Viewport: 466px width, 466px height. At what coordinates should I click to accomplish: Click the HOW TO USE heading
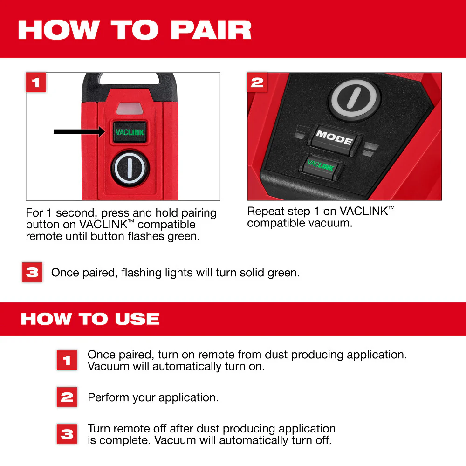90,319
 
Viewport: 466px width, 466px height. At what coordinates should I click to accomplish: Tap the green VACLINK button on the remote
130,132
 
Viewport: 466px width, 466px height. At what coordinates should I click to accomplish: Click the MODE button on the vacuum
334,137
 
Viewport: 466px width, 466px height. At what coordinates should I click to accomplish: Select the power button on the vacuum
355,99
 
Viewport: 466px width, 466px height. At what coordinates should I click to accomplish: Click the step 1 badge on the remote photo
36,83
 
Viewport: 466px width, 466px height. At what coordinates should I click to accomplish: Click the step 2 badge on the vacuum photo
257,83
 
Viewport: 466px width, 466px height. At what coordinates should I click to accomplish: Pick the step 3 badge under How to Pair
32,272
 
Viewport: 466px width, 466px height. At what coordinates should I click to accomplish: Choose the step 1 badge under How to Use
67,360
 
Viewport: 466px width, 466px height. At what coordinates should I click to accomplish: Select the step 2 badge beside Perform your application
67,397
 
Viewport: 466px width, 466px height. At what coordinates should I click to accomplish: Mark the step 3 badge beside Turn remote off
67,434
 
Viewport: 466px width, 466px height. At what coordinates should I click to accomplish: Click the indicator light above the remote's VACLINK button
130,109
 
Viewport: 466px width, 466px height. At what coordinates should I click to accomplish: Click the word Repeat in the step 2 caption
263,212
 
